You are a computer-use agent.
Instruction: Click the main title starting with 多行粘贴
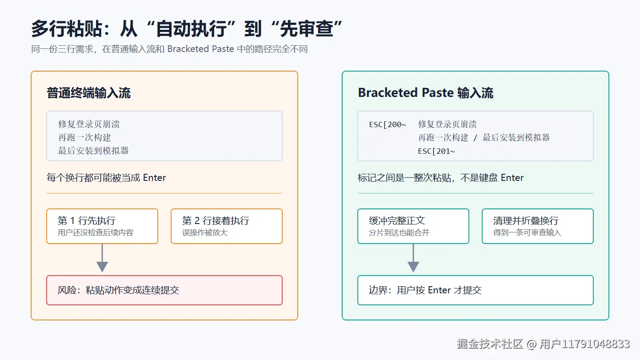coord(187,29)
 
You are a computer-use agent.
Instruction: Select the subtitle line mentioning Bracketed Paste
coord(169,49)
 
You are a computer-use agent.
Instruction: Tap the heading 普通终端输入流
coord(88,93)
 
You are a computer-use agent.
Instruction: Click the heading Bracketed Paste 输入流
coord(425,93)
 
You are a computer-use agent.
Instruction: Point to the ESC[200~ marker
coord(388,124)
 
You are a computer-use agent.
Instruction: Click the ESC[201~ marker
coord(436,151)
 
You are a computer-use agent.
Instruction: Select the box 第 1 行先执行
coord(102,226)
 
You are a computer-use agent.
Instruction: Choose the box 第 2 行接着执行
coord(227,226)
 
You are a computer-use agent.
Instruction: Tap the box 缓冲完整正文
coord(413,226)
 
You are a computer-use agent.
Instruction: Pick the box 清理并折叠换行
coord(538,226)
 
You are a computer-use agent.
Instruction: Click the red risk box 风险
coord(164,290)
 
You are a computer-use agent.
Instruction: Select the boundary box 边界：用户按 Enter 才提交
coord(476,290)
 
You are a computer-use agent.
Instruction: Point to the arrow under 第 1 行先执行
coord(102,258)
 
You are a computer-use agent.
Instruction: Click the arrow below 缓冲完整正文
coord(413,258)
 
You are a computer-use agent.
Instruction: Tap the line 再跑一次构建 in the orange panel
coord(84,137)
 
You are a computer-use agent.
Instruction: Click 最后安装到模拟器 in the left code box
coord(93,151)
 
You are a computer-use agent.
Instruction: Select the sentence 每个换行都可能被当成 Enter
coord(106,178)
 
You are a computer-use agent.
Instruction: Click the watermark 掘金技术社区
coord(490,344)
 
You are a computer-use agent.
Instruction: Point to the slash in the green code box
coord(475,138)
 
